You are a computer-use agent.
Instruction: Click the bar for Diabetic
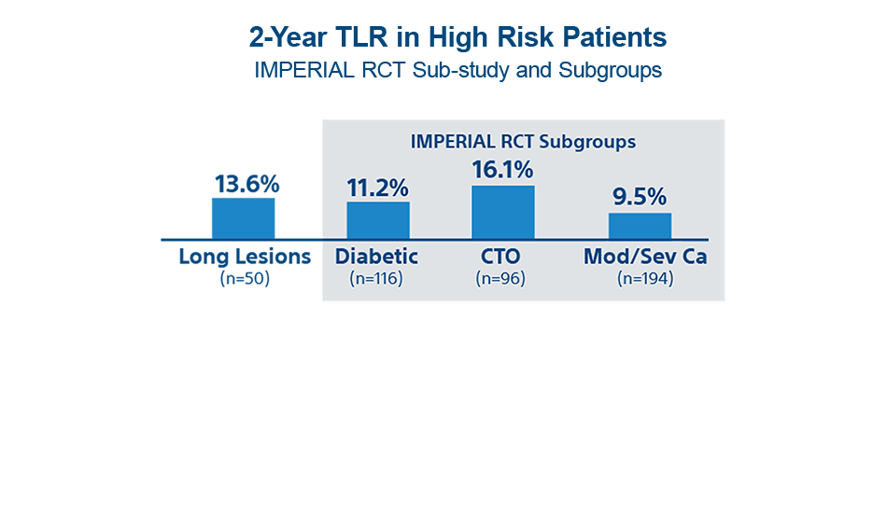[x=378, y=220]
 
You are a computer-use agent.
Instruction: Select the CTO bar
[x=502, y=212]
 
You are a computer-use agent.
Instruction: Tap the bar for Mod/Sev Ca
[x=640, y=226]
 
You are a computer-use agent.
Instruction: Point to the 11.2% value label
[x=378, y=188]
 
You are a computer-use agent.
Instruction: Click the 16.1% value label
[x=502, y=170]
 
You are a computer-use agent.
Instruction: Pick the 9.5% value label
[x=640, y=198]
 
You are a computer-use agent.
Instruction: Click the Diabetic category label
[x=376, y=257]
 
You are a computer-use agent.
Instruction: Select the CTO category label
[x=500, y=257]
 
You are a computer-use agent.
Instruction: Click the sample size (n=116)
[x=376, y=278]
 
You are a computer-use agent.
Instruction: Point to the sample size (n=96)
[x=500, y=278]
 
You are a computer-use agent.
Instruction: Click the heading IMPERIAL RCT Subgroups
[x=523, y=142]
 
